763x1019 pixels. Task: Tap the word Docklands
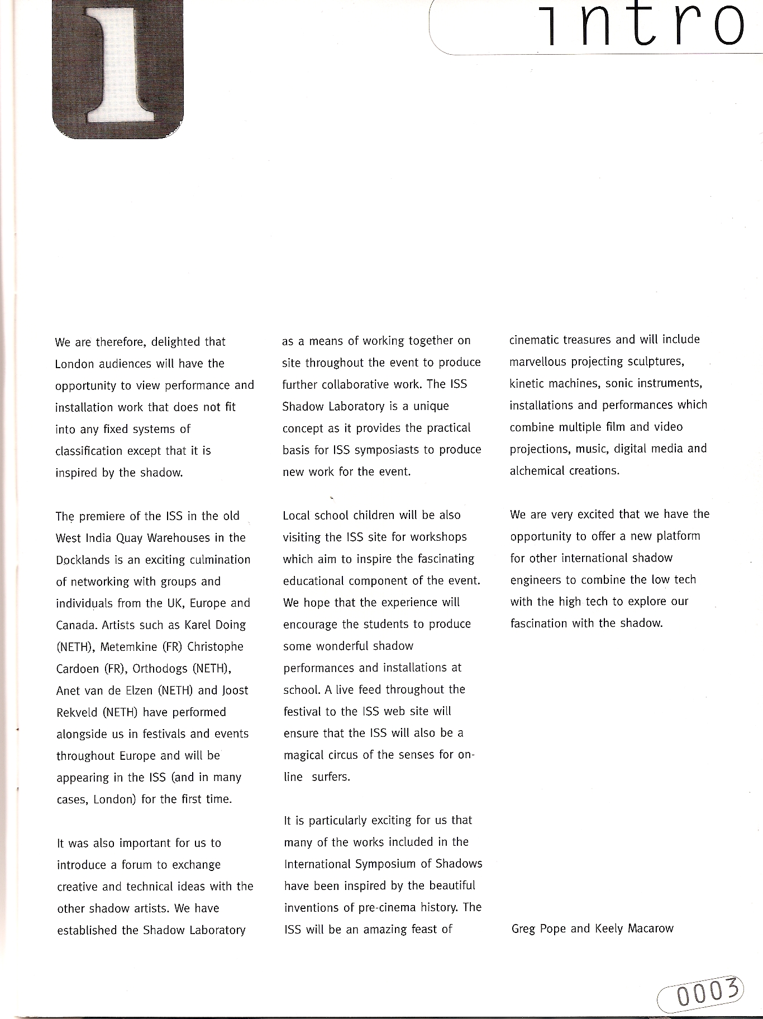(x=83, y=560)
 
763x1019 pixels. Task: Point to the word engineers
(x=535, y=580)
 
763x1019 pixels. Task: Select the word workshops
(x=438, y=537)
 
